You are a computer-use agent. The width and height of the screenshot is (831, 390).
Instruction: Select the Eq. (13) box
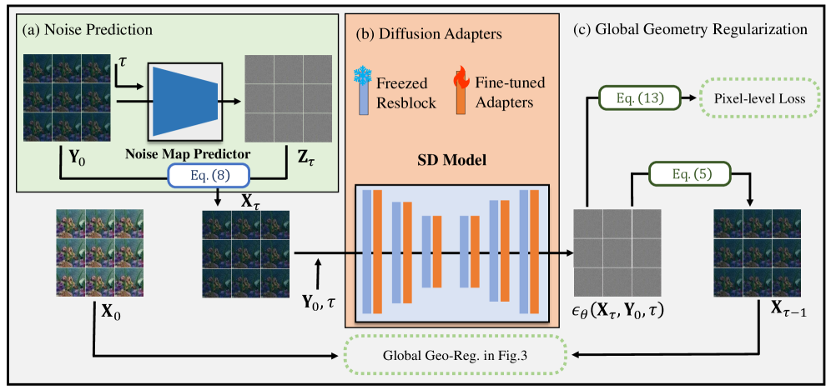(x=639, y=97)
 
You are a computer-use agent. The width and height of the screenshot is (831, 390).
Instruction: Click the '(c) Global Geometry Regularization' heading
(x=692, y=28)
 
